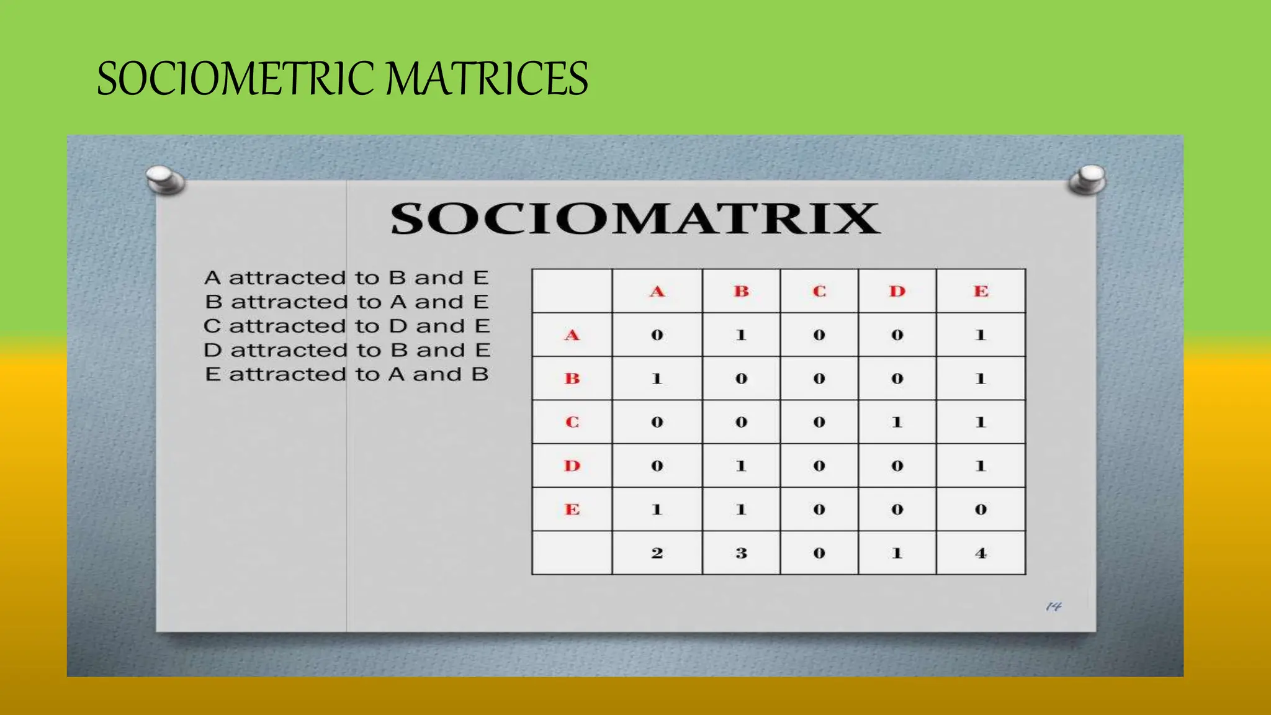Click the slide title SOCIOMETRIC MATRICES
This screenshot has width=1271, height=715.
pos(342,79)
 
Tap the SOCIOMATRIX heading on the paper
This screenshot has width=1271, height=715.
pos(635,218)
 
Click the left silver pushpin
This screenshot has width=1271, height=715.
pos(164,180)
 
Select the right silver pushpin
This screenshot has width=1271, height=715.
pos(1088,179)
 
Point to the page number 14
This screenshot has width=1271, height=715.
pos(1053,606)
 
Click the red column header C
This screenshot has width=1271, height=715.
pos(819,291)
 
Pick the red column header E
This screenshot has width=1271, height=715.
pos(981,291)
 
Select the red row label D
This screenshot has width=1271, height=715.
pos(572,465)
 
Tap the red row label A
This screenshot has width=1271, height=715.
pos(572,335)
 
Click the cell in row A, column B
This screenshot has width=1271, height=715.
pos(741,335)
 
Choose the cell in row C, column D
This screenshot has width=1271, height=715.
pos(897,422)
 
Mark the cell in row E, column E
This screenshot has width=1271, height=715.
pos(981,510)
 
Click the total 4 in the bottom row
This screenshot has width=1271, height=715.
pos(981,553)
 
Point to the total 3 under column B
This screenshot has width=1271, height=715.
pos(741,553)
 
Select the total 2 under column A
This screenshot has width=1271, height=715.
pos(657,553)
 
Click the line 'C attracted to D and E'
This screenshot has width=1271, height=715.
pos(346,326)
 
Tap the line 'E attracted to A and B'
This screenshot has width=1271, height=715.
pos(346,374)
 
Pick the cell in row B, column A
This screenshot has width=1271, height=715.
pos(657,379)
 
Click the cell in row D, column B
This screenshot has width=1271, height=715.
pos(741,465)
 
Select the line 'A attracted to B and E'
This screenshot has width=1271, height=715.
pos(346,277)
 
